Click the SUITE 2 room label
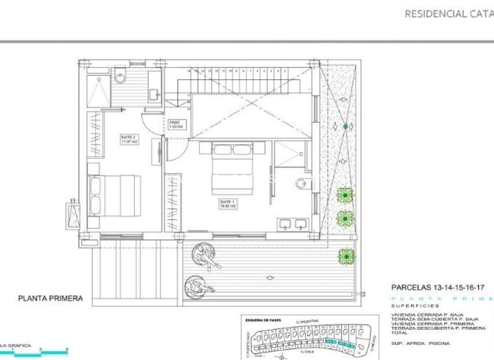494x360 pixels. [128, 140]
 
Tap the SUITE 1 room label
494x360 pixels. [227, 204]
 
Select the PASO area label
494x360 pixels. [175, 124]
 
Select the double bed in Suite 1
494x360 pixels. [232, 168]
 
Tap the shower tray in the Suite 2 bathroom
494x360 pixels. [97, 91]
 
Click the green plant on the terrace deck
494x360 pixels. [346, 255]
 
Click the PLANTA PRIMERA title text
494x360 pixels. [51, 298]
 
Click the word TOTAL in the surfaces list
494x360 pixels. [400, 333]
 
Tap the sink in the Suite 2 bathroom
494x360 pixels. [154, 92]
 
